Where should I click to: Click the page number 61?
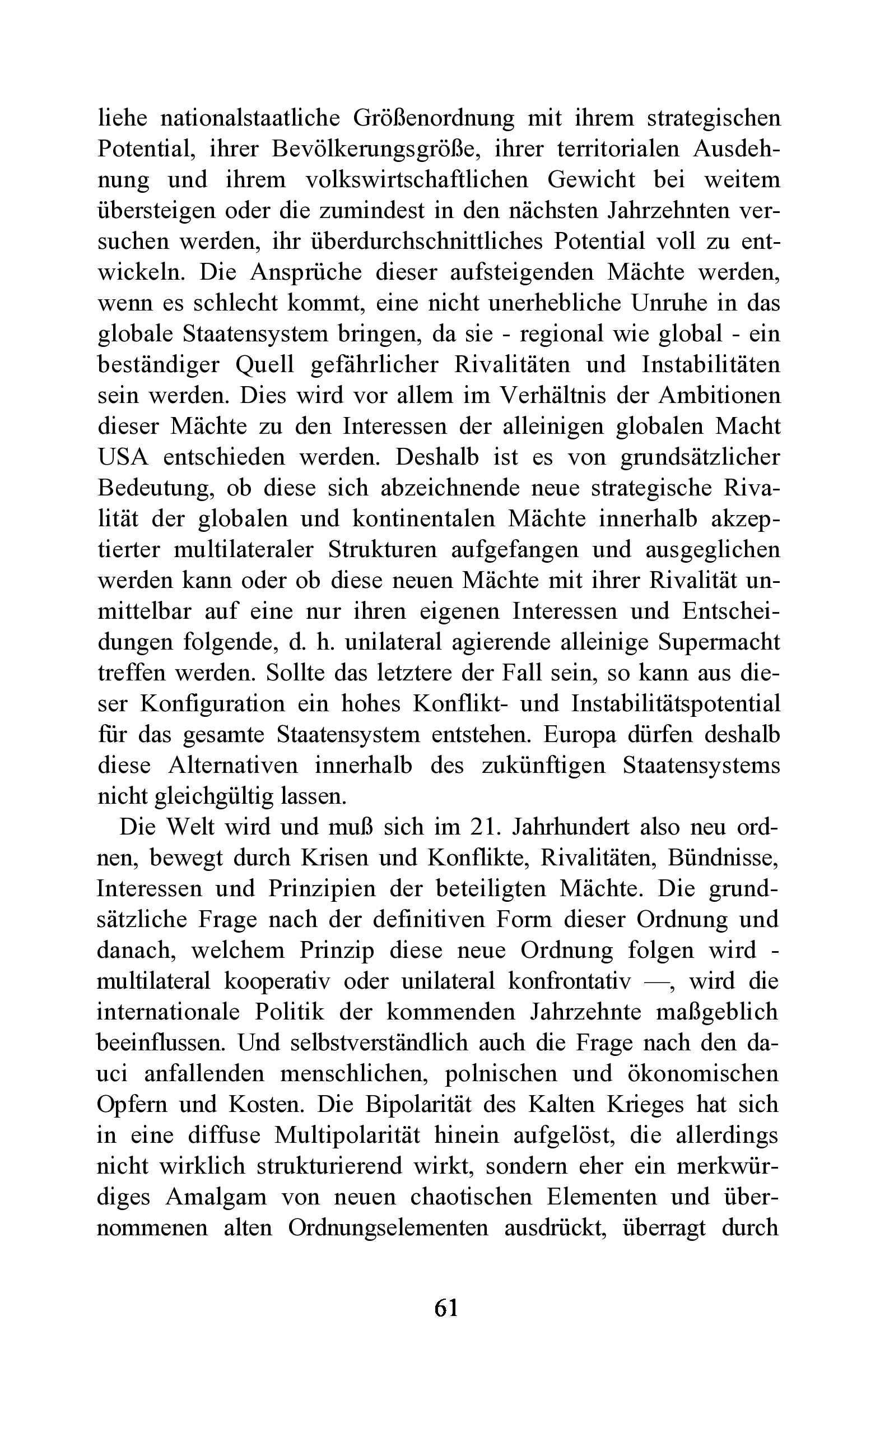(x=446, y=1306)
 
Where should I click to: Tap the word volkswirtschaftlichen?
(x=416, y=179)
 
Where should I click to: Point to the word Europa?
(x=580, y=734)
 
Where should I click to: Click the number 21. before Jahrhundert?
(x=486, y=826)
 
